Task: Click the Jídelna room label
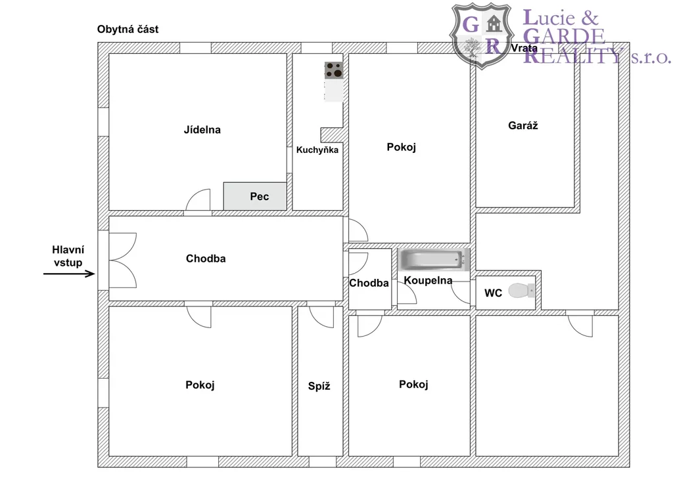[x=202, y=130]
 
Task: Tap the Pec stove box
[x=255, y=196]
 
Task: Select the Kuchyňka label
[x=317, y=150]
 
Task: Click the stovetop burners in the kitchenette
[x=334, y=70]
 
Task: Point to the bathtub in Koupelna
[x=434, y=260]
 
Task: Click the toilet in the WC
[x=521, y=291]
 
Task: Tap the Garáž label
[x=522, y=125]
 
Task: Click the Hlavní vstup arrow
[x=69, y=274]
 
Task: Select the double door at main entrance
[x=123, y=260]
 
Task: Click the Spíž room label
[x=319, y=386]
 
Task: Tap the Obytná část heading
[x=128, y=29]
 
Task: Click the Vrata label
[x=524, y=48]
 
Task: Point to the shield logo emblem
[x=482, y=36]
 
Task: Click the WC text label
[x=493, y=293]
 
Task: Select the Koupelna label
[x=428, y=281]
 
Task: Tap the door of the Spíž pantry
[x=321, y=317]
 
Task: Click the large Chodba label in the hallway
[x=206, y=259]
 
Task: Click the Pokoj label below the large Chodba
[x=200, y=385]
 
